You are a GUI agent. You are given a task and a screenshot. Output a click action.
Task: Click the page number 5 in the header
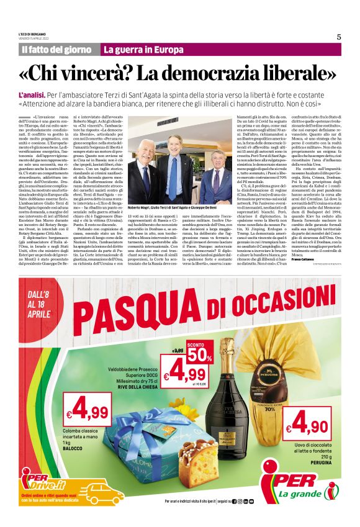coord(339,37)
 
